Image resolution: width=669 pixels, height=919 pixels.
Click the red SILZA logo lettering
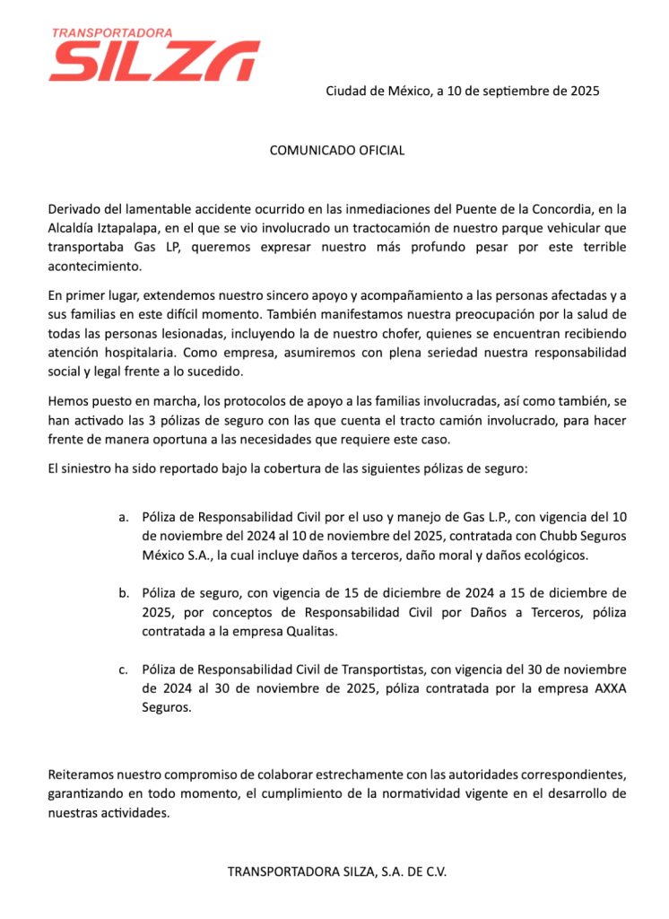pos(154,61)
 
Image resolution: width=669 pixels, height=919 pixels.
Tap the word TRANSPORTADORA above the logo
pos(112,32)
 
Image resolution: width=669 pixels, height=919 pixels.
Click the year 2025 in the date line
pos(581,91)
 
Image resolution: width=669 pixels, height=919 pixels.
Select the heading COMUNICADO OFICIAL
pos(337,150)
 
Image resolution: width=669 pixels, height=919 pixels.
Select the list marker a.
pos(123,517)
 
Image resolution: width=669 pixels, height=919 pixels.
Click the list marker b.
pos(123,592)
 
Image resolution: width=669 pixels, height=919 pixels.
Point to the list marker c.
pos(123,669)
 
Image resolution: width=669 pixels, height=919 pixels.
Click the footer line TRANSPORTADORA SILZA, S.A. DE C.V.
pos(337,871)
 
